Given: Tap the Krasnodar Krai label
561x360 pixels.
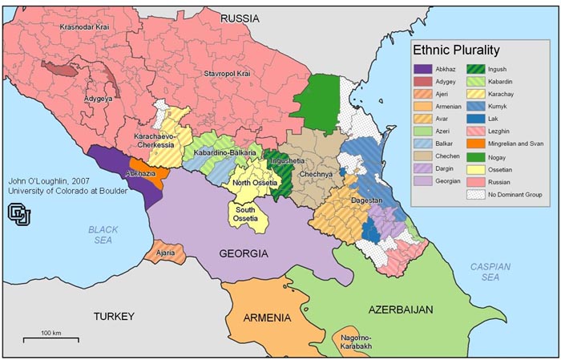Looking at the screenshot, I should (x=87, y=28).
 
